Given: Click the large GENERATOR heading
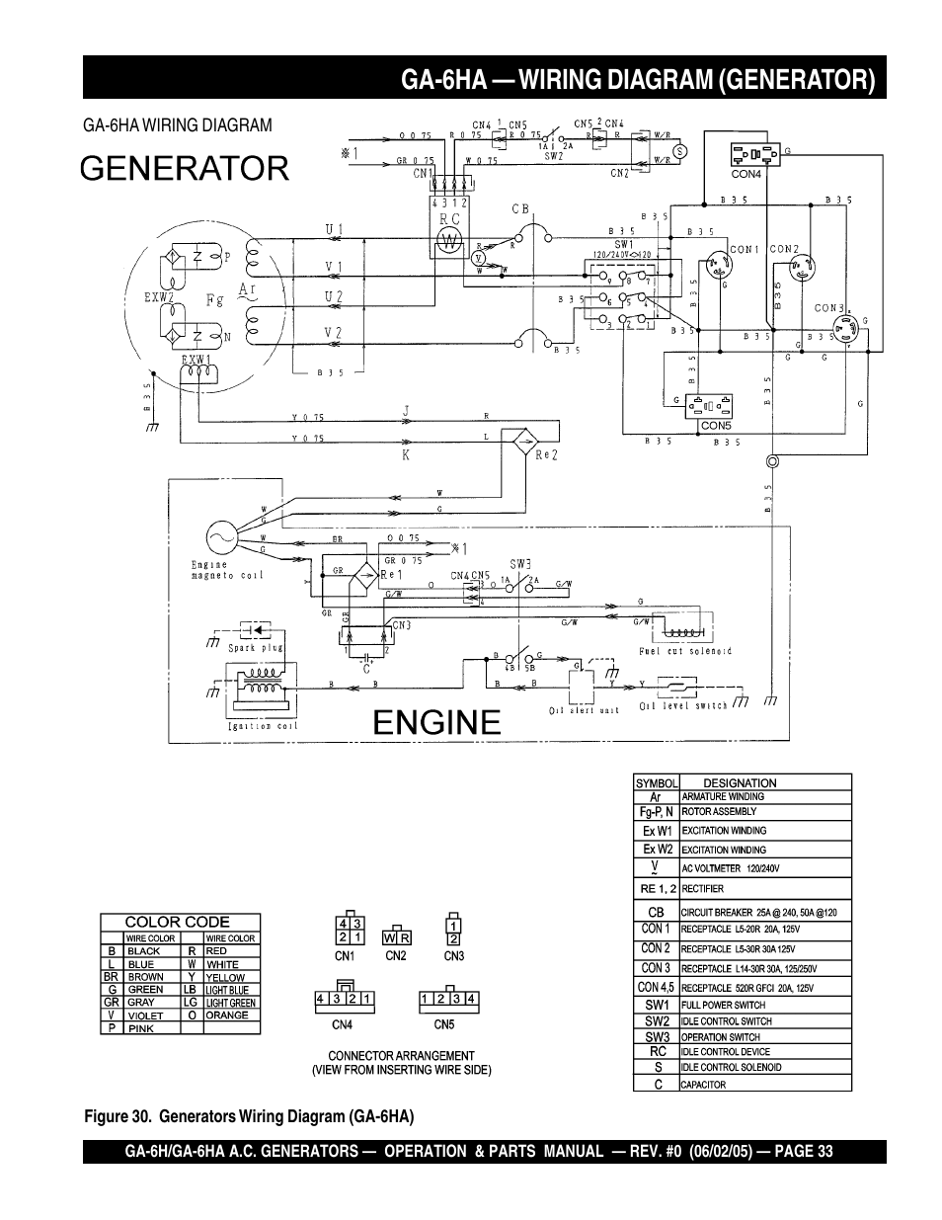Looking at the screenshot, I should coord(186,168).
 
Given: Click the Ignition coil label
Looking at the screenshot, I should coord(263,726).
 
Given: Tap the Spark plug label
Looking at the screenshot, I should coord(256,649).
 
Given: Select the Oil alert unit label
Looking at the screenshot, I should coord(584,710).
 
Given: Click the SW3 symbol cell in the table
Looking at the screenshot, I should coord(657,1036).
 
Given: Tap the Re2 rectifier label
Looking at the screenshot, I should coord(547,455).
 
